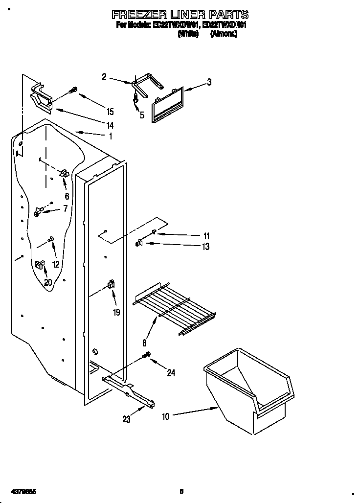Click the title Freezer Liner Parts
point(180,14)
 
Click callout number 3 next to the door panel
point(209,82)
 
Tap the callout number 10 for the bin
point(165,416)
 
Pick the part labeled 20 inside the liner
point(39,265)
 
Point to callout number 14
point(110,125)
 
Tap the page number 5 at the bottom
point(181,491)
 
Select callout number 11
point(206,236)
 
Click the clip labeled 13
point(139,242)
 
